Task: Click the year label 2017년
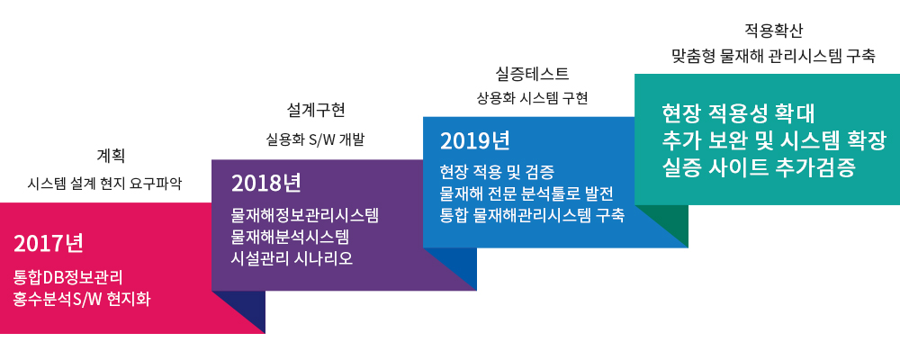tap(49, 244)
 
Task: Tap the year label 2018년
tap(266, 184)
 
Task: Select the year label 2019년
tap(474, 140)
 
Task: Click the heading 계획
tap(111, 155)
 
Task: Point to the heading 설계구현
tap(316, 110)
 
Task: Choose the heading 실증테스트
tap(532, 74)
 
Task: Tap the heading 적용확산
tap(773, 30)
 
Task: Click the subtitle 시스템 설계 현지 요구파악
tap(105, 184)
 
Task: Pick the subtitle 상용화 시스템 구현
tap(533, 99)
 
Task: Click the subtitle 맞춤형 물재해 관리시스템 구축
tap(773, 57)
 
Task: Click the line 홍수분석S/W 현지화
tap(82, 299)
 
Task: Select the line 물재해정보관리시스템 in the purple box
tap(305, 216)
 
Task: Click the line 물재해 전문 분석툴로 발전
tap(527, 193)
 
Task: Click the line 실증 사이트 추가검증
tap(759, 168)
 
